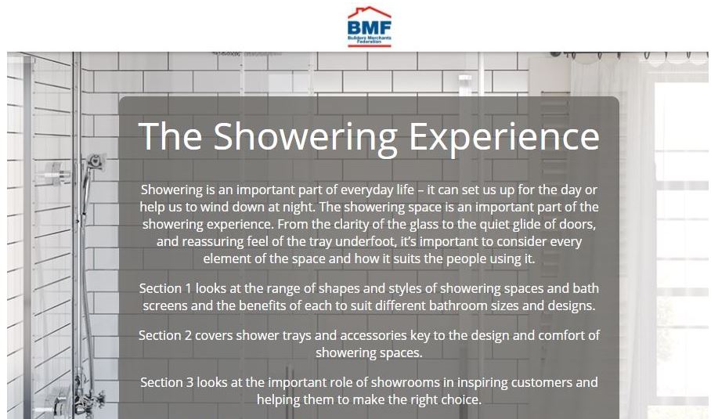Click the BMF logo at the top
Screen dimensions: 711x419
(369, 27)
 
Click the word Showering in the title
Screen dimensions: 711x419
(305, 137)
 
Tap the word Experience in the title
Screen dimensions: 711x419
(504, 137)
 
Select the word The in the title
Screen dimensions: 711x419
(170, 136)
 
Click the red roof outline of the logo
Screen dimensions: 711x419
(369, 13)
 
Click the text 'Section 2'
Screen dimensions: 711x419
(165, 335)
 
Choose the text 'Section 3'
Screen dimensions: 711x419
(167, 383)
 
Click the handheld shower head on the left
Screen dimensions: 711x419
(95, 162)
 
